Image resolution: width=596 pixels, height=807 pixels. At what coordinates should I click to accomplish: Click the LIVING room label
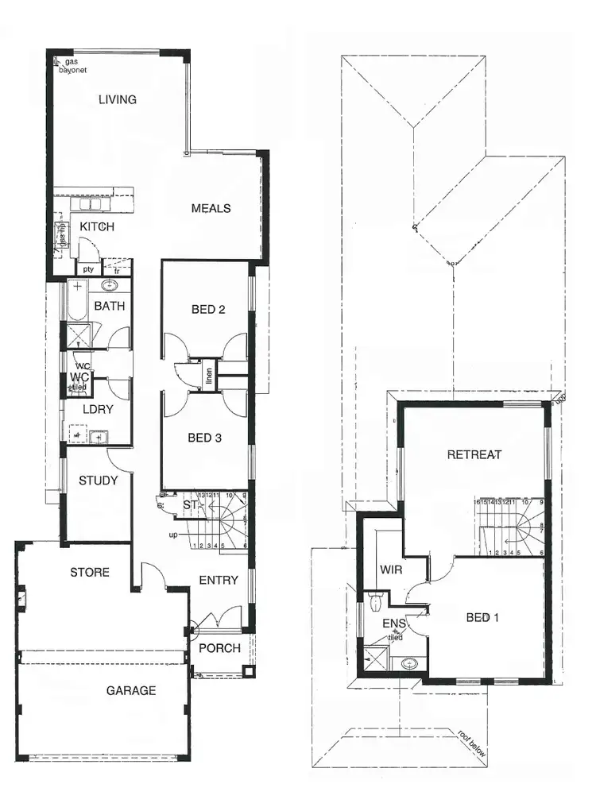tap(118, 100)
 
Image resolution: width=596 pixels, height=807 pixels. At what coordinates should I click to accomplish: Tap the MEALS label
tap(211, 208)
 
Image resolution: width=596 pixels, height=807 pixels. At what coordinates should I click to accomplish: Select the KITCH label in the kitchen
tap(97, 227)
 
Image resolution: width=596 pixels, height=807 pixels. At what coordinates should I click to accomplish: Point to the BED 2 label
tap(206, 309)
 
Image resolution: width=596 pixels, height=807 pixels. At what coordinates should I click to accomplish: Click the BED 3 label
tap(206, 438)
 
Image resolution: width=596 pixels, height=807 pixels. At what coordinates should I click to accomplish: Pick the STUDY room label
tap(99, 481)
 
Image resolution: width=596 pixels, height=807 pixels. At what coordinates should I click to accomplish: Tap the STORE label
tap(90, 573)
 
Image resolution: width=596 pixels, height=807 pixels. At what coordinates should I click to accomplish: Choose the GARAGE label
tap(131, 691)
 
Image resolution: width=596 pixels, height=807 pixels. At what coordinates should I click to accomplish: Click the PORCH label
tap(219, 648)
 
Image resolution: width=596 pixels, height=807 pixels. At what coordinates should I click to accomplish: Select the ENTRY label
tap(219, 581)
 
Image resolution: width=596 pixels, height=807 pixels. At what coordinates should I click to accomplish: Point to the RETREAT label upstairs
tap(474, 455)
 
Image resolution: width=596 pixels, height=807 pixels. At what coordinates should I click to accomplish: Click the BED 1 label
tap(482, 617)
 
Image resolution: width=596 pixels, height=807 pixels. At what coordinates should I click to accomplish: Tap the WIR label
tap(390, 570)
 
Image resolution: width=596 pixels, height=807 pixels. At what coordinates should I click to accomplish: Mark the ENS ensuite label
tap(394, 624)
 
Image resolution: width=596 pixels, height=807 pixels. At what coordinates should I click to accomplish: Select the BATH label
tap(110, 306)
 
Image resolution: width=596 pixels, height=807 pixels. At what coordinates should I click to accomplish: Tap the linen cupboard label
tap(209, 373)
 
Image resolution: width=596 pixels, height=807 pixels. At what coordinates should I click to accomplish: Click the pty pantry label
tap(88, 269)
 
